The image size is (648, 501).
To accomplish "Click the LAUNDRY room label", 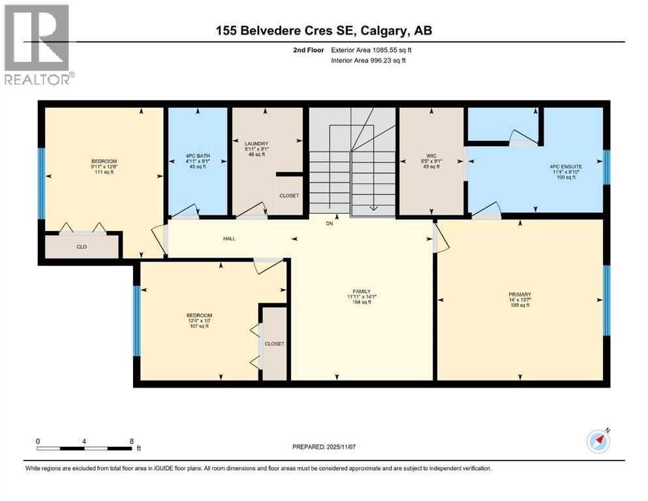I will (256, 144).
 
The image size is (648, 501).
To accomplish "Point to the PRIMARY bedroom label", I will (519, 294).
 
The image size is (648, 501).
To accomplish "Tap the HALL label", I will (229, 239).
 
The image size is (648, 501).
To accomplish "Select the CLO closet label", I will (82, 247).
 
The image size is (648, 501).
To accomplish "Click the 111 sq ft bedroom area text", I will (104, 172).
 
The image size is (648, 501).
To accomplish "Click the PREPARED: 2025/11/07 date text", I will (333, 447).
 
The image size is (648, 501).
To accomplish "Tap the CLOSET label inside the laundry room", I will (288, 196).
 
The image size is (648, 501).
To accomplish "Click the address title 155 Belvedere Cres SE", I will (324, 30).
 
